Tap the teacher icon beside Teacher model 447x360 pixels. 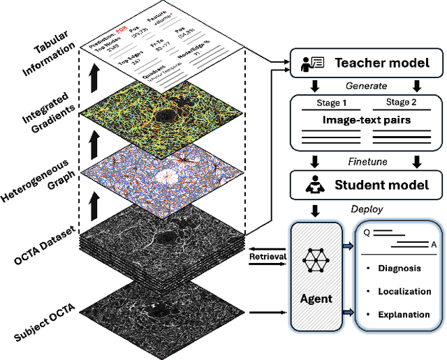point(310,63)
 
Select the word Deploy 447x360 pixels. point(367,209)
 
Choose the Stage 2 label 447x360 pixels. point(402,103)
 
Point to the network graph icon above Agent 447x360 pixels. point(315,262)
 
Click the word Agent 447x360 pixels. point(316,299)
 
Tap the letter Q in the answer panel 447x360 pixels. point(367,234)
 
